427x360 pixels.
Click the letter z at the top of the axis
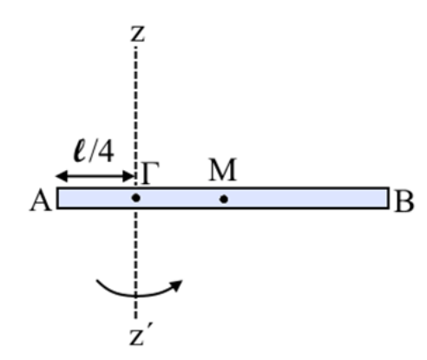[138, 34]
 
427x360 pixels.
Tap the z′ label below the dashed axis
[140, 336]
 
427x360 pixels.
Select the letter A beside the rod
[41, 201]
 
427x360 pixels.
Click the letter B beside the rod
[404, 202]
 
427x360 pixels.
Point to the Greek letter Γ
[150, 173]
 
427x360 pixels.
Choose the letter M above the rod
[223, 169]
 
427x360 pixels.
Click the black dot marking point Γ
[136, 198]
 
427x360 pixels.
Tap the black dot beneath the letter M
[224, 199]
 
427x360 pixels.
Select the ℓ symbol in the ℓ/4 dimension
[81, 151]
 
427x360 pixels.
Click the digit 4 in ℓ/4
[105, 152]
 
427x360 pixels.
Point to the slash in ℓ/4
[93, 151]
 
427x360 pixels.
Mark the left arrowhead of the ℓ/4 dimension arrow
[62, 176]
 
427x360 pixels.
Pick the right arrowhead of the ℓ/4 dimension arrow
[128, 176]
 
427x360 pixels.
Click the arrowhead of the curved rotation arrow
[176, 285]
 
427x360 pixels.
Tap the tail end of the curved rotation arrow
[97, 280]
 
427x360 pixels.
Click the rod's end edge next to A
[57, 198]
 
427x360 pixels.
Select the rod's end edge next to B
[388, 198]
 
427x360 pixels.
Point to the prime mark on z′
[148, 327]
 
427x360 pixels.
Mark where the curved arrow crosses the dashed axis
[136, 296]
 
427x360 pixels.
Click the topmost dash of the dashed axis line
[136, 49]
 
